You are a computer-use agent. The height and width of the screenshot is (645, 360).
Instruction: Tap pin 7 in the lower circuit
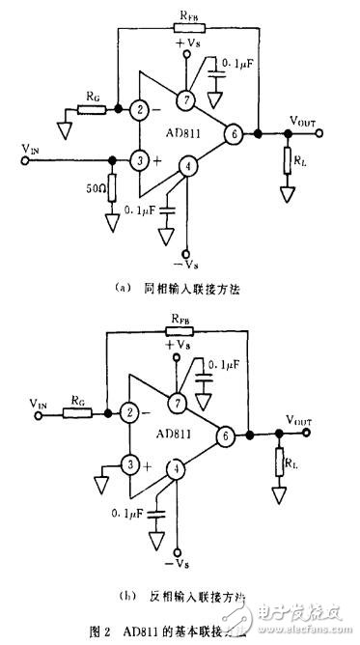(x=178, y=402)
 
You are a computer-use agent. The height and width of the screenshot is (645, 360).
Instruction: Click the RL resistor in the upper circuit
(x=287, y=160)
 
